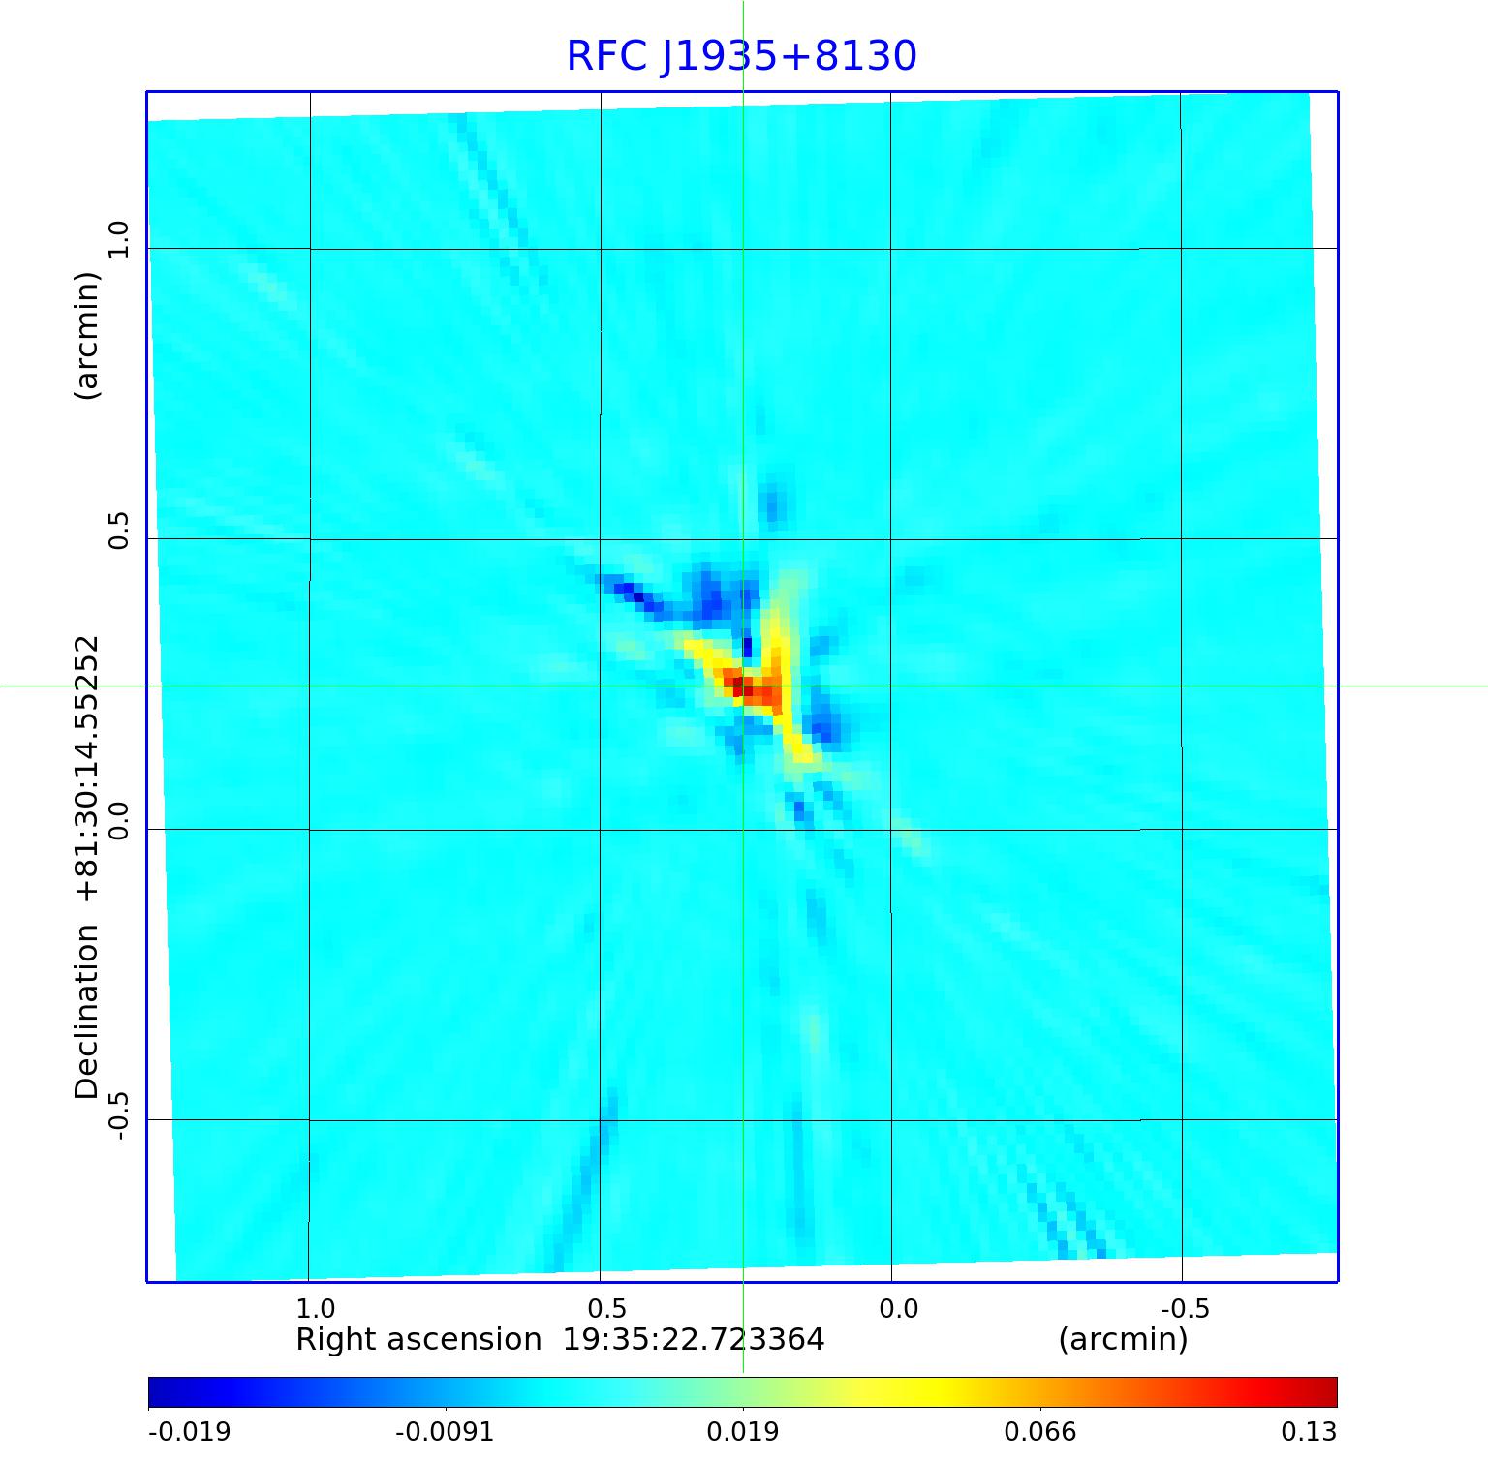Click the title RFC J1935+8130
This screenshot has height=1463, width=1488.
click(x=741, y=56)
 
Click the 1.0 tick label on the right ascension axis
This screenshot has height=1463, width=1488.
click(x=316, y=1309)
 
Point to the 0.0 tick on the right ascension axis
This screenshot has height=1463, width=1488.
click(x=898, y=1309)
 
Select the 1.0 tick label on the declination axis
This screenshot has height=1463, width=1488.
click(x=118, y=239)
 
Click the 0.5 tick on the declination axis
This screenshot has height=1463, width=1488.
click(x=118, y=530)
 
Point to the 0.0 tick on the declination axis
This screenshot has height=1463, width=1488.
click(x=118, y=820)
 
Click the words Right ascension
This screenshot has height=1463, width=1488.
click(x=418, y=1340)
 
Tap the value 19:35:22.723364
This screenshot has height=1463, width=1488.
click(x=694, y=1340)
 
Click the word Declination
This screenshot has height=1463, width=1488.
click(x=87, y=1012)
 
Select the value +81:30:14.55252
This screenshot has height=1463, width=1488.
click(x=87, y=770)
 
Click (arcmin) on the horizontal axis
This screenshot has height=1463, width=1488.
click(x=1123, y=1340)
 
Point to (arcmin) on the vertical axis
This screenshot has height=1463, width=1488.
click(x=87, y=335)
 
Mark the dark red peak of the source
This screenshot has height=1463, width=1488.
click(x=740, y=686)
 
